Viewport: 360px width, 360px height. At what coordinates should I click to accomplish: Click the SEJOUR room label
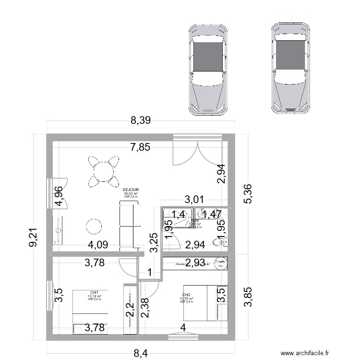click(131, 190)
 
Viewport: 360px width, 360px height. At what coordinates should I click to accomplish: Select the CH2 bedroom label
click(186, 295)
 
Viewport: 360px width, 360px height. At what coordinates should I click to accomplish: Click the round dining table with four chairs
click(103, 171)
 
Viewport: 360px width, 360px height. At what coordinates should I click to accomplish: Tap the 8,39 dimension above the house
click(141, 121)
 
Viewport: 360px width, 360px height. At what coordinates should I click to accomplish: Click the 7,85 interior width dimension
click(140, 147)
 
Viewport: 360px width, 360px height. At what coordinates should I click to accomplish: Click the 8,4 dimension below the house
click(141, 354)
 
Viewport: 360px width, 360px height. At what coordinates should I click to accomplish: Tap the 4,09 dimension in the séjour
click(97, 245)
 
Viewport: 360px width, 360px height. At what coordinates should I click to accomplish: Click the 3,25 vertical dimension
click(154, 243)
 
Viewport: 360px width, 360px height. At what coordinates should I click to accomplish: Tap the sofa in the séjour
click(130, 224)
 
